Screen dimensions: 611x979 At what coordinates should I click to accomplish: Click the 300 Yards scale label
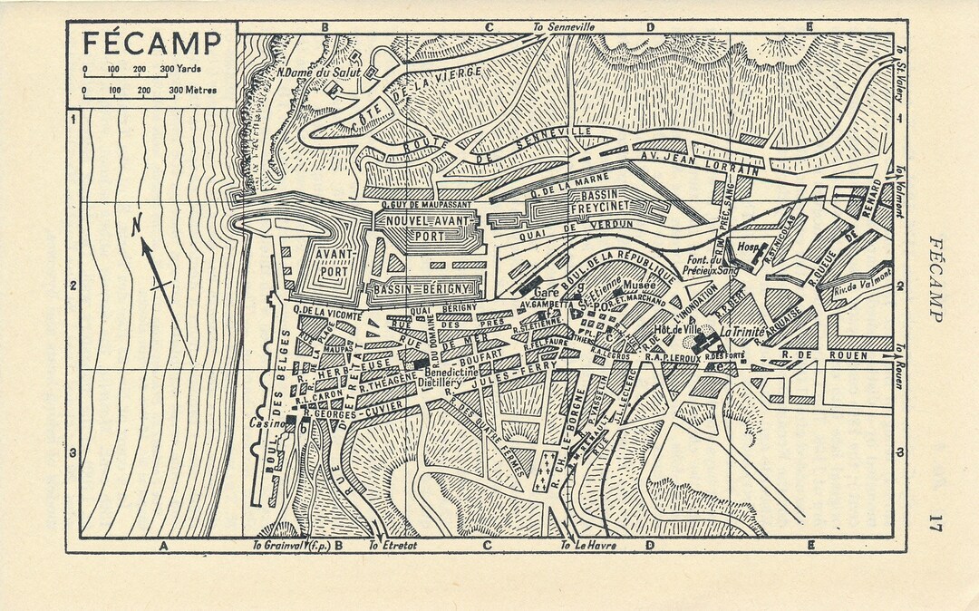point(181,70)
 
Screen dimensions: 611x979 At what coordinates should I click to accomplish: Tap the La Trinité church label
point(741,332)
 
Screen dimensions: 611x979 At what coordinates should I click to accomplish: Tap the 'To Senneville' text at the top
point(564,27)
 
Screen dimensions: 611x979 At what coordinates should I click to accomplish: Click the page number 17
point(935,523)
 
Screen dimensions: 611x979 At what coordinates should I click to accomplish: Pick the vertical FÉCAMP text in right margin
point(935,279)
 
